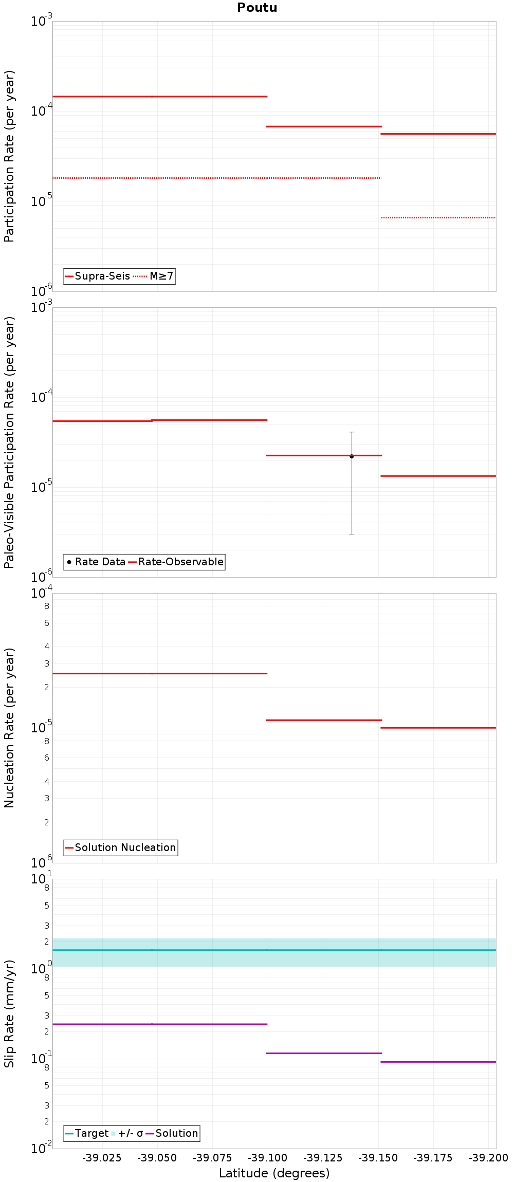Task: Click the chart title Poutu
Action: [x=257, y=8]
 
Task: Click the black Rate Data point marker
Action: [x=352, y=456]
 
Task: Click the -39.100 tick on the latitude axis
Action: [x=267, y=1158]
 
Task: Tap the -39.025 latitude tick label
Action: [x=102, y=1158]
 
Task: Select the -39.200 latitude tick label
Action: [x=488, y=1158]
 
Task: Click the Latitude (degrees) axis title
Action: [x=274, y=1173]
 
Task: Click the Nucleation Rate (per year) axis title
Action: [x=9, y=728]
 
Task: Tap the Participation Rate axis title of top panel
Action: [x=9, y=156]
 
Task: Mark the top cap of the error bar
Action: [x=352, y=432]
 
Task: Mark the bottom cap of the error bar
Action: [x=352, y=534]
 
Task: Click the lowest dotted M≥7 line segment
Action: [x=438, y=217]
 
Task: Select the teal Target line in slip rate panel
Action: [x=274, y=950]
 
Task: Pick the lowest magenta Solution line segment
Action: [x=438, y=1062]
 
